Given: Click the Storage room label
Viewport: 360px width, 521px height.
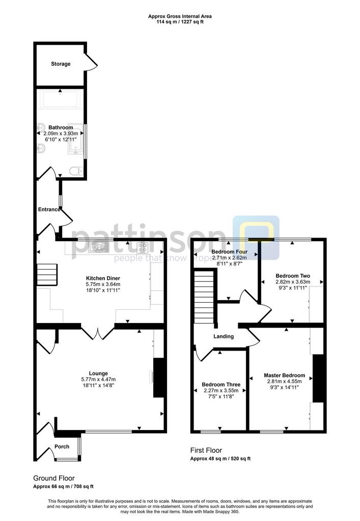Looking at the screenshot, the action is (x=61, y=64).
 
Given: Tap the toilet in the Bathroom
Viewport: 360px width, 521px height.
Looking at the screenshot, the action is (x=76, y=171).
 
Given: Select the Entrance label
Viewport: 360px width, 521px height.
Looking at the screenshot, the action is (x=49, y=209).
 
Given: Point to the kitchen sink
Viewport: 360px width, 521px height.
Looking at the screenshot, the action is (x=99, y=247).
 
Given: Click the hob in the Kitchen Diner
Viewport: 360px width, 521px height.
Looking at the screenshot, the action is (x=143, y=247).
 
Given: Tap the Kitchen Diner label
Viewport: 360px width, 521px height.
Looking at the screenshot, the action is (x=103, y=278).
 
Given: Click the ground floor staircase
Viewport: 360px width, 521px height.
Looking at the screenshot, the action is (x=47, y=274).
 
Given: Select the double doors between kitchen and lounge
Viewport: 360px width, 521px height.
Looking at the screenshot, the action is (x=98, y=334).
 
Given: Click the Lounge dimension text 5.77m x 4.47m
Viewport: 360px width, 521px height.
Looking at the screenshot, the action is (x=98, y=380).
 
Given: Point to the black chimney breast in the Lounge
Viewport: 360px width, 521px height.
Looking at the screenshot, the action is (x=159, y=378).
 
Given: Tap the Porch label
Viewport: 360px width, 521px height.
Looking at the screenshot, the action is (x=62, y=447).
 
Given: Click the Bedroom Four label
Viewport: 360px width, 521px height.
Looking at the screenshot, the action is (x=229, y=252).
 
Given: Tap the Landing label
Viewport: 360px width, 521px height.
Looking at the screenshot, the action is (x=224, y=336).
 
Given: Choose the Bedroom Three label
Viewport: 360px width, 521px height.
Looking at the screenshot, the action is (x=221, y=385).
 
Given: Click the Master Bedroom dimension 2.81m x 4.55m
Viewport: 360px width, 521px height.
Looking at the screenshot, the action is (x=285, y=382).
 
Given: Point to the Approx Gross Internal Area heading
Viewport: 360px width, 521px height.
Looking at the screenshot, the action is (x=180, y=16).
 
